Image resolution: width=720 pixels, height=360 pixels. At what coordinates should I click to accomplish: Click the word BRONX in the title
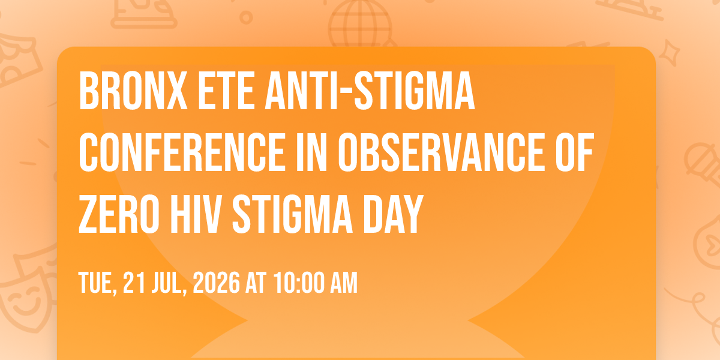click(133, 91)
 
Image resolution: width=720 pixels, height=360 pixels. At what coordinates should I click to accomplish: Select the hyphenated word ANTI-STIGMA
click(370, 91)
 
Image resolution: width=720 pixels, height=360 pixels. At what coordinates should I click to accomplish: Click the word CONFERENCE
click(182, 152)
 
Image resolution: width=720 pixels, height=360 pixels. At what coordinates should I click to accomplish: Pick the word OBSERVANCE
click(442, 152)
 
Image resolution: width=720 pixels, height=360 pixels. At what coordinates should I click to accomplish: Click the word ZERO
click(119, 214)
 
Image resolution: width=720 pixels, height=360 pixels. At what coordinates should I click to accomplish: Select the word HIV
click(196, 214)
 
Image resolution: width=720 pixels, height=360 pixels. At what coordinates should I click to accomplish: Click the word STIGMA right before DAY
click(293, 214)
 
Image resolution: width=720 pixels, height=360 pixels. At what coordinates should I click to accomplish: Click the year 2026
click(217, 283)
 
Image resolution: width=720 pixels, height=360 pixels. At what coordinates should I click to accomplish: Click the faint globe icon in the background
click(361, 23)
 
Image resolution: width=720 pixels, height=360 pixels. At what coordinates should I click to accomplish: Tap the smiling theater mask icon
click(26, 299)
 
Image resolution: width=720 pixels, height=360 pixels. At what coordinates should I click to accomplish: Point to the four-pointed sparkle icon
click(670, 52)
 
